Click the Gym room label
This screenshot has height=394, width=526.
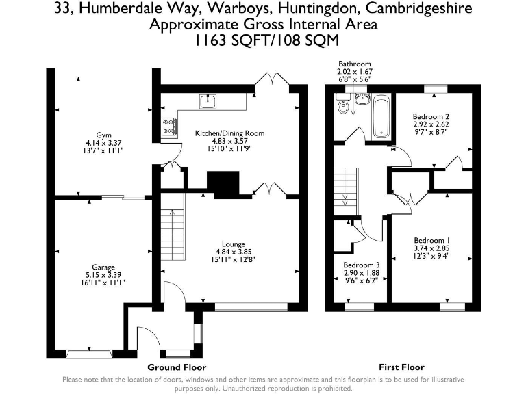coord(103,135)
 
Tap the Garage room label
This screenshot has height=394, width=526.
coord(103,267)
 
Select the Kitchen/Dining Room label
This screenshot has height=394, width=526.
coord(230,133)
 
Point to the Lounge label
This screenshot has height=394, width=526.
coord(234,244)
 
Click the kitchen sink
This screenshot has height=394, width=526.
coord(208,101)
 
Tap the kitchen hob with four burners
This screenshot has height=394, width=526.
coord(168,127)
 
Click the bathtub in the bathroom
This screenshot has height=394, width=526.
coord(381,116)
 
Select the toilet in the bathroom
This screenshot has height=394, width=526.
coord(343,104)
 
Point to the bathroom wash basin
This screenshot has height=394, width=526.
coord(362,98)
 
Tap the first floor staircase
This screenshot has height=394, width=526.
coord(346,192)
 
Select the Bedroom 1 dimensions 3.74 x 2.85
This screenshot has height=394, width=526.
coord(431,248)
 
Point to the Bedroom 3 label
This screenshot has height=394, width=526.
coord(362,265)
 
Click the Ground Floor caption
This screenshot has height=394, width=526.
coord(177,367)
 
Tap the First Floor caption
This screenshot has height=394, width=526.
coord(401,367)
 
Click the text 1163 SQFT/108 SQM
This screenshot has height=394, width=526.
coord(266,41)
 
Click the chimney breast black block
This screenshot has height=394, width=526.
coord(223,185)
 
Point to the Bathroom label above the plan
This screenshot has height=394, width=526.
coord(355,64)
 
